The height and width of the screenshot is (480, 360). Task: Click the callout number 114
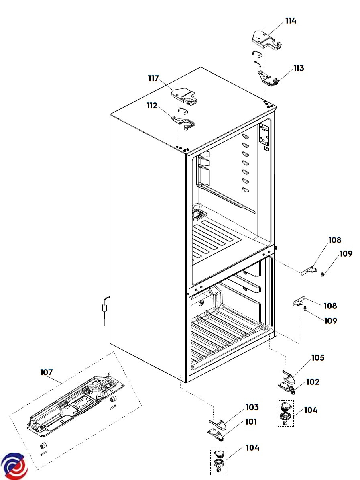(x=291, y=21)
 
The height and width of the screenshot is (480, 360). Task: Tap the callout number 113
(x=299, y=68)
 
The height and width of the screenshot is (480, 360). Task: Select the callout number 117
(x=154, y=78)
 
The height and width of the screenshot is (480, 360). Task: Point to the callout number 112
(x=152, y=106)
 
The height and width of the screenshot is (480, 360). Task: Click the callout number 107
(x=47, y=372)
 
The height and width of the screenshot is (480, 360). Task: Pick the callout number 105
(x=318, y=358)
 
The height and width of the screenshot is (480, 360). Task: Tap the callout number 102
(x=313, y=382)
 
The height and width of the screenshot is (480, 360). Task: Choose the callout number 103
(x=252, y=407)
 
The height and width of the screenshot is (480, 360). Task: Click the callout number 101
(x=251, y=422)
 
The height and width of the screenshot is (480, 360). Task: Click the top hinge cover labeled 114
(x=266, y=40)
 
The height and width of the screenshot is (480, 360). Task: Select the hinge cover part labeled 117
(x=185, y=96)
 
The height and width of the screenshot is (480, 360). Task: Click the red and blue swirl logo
(x=14, y=466)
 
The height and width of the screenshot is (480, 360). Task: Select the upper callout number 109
(x=346, y=254)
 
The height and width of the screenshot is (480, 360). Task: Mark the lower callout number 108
(x=330, y=306)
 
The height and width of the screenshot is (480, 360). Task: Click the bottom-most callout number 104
(x=253, y=448)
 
